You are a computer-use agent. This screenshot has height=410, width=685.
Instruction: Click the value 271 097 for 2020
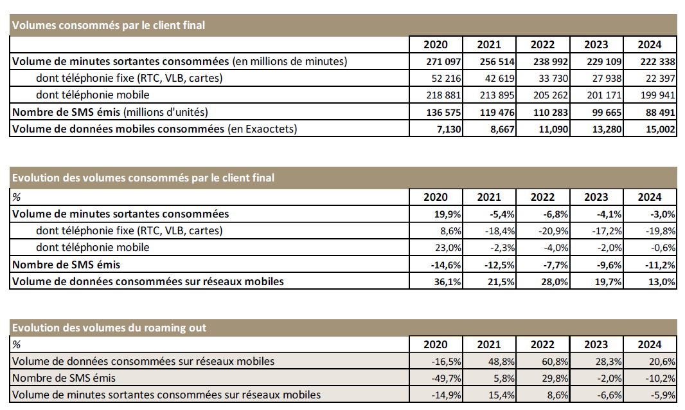point(444,62)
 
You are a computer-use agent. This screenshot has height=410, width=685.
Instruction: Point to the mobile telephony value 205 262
point(551,95)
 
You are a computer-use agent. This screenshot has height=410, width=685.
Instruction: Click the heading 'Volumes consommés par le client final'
point(109,26)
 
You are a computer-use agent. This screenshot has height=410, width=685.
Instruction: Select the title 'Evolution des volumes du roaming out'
point(109,328)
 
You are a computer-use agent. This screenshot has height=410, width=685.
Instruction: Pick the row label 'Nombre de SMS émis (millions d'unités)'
point(110,112)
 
